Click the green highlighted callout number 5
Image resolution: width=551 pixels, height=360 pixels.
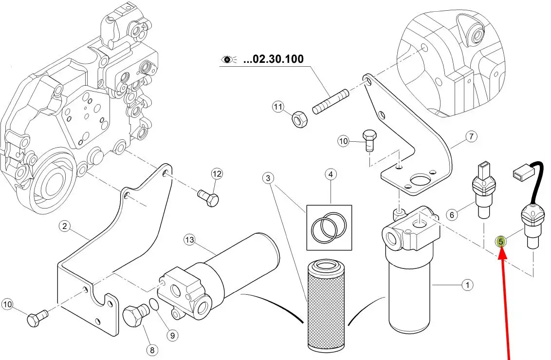pyautogui.click(x=501, y=242)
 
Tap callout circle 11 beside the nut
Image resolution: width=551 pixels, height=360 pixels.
pyautogui.click(x=278, y=107)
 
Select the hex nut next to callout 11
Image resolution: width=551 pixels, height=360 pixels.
pyautogui.click(x=300, y=119)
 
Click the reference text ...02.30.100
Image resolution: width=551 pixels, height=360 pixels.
pyautogui.click(x=273, y=59)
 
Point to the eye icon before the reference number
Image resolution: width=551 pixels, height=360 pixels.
pyautogui.click(x=228, y=59)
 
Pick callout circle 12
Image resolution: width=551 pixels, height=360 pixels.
pyautogui.click(x=217, y=174)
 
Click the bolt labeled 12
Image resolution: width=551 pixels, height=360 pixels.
pyautogui.click(x=208, y=198)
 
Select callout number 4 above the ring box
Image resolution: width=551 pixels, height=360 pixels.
pyautogui.click(x=331, y=174)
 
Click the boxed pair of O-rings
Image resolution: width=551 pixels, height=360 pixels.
pyautogui.click(x=329, y=227)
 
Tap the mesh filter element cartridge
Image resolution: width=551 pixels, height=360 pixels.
pyautogui.click(x=326, y=305)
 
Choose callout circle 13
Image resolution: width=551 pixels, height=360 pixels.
pyautogui.click(x=189, y=240)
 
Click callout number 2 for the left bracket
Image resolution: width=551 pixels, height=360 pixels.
pyautogui.click(x=64, y=226)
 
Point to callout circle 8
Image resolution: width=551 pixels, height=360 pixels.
pyautogui.click(x=152, y=350)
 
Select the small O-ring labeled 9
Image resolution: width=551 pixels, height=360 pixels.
pyautogui.click(x=154, y=304)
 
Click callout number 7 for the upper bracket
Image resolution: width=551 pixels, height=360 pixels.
pyautogui.click(x=471, y=136)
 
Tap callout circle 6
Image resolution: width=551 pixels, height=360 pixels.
pyautogui.click(x=452, y=214)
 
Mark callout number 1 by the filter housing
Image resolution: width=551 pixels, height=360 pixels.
pyautogui.click(x=467, y=285)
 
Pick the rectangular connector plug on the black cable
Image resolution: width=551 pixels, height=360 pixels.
pyautogui.click(x=521, y=173)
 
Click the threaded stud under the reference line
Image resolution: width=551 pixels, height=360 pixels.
pyautogui.click(x=331, y=102)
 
